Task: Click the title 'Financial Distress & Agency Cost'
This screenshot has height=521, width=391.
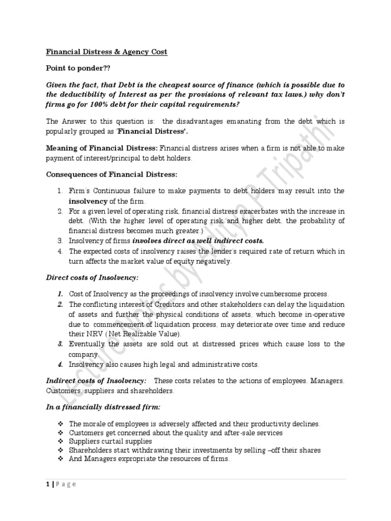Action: coord(107,52)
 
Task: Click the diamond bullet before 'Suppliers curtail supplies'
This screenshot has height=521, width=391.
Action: coord(60,442)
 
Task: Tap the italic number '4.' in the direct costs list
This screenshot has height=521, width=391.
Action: coord(60,364)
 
